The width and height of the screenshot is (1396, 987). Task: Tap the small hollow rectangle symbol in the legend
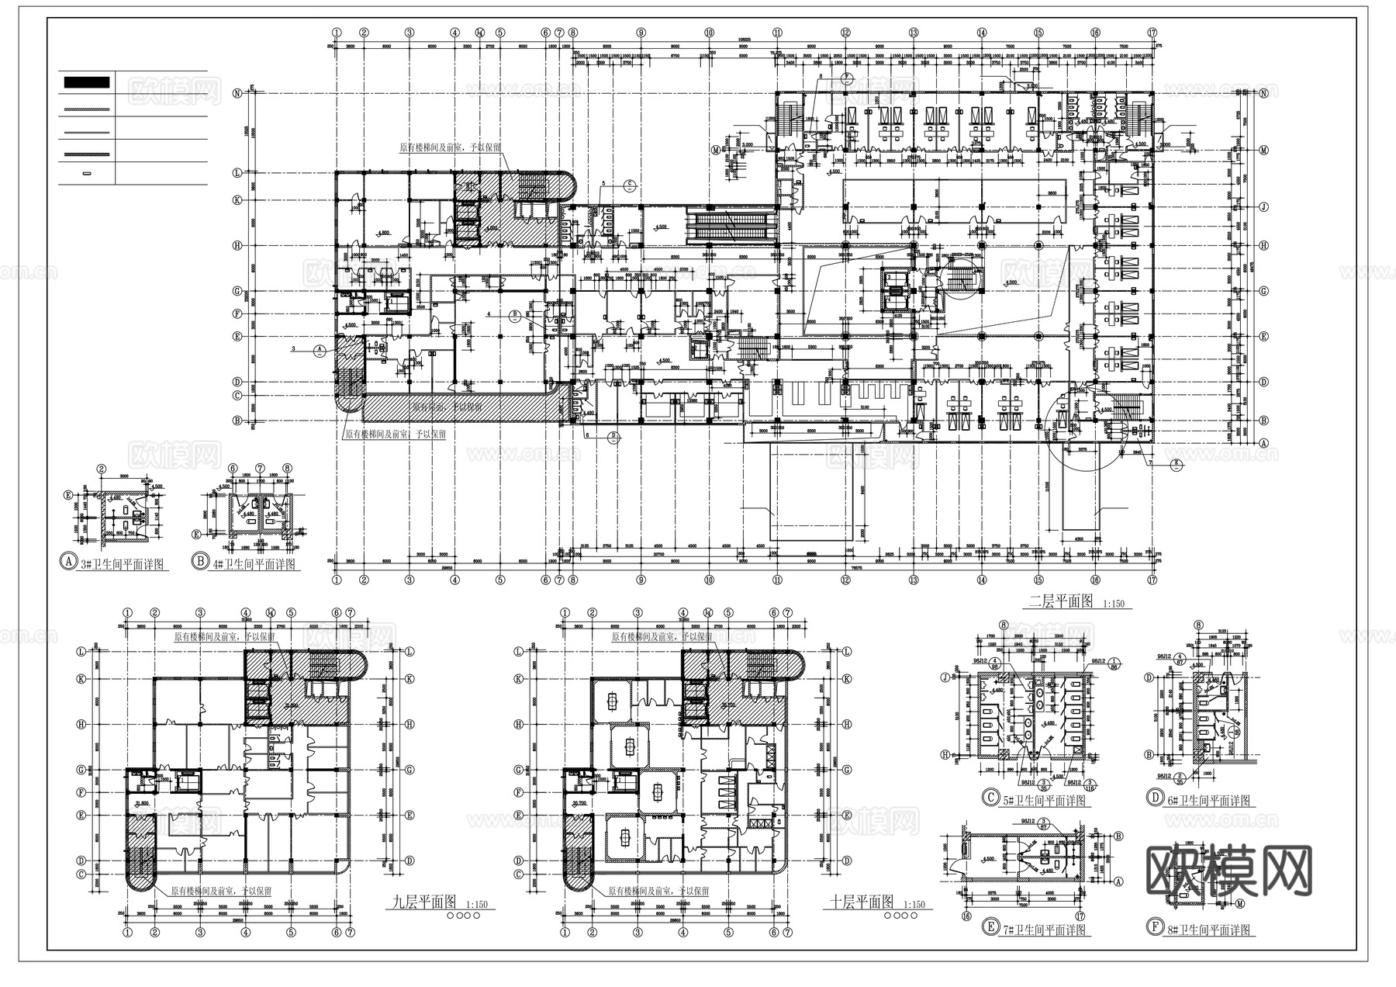click(x=86, y=173)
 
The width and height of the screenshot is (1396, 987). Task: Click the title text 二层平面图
click(x=1059, y=601)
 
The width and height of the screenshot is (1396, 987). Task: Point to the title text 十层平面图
click(x=862, y=902)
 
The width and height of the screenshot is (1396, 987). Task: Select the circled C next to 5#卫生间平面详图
click(x=990, y=798)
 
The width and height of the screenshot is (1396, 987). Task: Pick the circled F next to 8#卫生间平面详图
click(x=1155, y=927)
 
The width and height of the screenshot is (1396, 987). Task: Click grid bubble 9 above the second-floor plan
click(x=641, y=33)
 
